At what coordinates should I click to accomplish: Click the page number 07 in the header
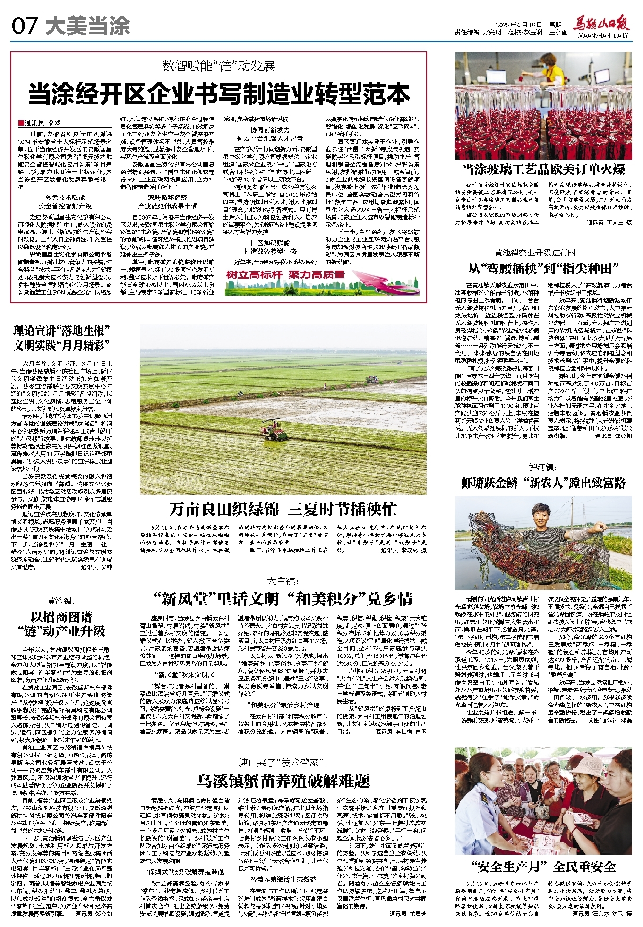[x=25, y=26]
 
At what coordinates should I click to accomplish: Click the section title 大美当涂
[x=87, y=26]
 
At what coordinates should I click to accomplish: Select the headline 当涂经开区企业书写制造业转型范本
[x=219, y=94]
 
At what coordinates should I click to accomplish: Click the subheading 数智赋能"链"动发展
[x=219, y=66]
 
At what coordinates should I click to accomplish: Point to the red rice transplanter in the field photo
[x=274, y=429]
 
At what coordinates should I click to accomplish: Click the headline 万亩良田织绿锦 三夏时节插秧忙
[x=283, y=509]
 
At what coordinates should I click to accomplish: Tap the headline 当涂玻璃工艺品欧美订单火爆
[x=543, y=170]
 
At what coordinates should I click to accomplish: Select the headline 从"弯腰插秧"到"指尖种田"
[x=543, y=269]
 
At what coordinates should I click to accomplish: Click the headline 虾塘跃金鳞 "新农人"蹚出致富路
[x=543, y=483]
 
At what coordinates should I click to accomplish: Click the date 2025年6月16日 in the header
[x=518, y=25]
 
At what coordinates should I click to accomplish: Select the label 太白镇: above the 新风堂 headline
[x=283, y=581]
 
